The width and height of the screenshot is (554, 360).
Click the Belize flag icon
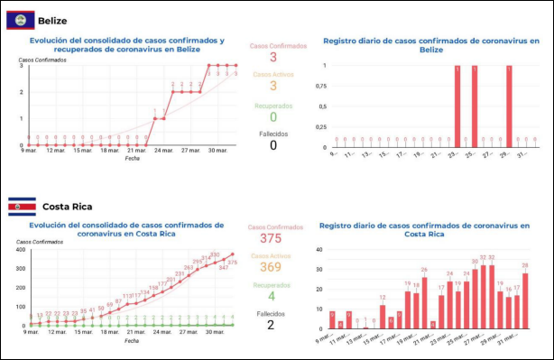pos(21,19)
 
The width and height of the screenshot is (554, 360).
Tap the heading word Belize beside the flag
pos(52,20)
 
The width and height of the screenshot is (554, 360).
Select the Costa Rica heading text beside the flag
pos(68,207)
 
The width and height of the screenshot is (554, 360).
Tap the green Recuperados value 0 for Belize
pos(273,116)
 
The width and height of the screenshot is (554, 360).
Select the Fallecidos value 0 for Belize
pos(273,145)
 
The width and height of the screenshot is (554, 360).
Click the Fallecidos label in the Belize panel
pos(273,132)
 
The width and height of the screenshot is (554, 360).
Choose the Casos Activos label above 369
pos(273,254)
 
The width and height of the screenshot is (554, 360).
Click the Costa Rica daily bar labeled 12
pos(383,316)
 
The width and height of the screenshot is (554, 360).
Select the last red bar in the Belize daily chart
pos(509,106)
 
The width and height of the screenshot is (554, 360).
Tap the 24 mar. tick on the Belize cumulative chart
pos(163,151)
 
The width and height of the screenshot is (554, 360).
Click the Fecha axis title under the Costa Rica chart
pos(132,341)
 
